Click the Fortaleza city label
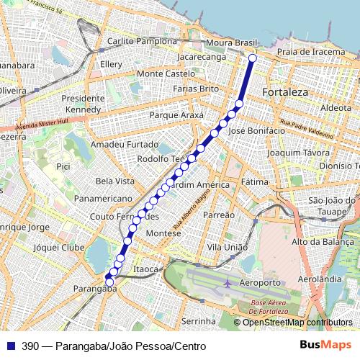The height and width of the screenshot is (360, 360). (x=285, y=93)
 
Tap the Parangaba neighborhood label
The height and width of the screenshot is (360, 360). (x=95, y=289)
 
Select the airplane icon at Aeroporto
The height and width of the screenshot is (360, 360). (x=228, y=283)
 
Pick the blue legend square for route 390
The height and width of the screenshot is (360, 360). (x=9, y=346)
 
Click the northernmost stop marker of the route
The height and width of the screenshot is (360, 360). (x=252, y=58)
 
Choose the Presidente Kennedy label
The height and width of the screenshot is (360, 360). (x=84, y=104)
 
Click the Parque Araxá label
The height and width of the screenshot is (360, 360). (x=176, y=115)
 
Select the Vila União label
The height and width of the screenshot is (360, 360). (x=222, y=247)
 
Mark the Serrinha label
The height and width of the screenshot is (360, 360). (x=199, y=320)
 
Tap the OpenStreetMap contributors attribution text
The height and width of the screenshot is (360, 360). (x=297, y=323)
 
